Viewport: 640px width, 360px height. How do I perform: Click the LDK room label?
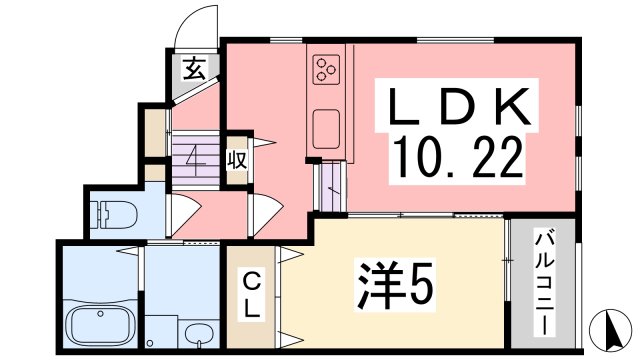459,106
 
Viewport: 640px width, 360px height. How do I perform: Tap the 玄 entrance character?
194,69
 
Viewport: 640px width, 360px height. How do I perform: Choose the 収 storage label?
236,160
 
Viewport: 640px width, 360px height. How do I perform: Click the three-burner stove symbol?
326,68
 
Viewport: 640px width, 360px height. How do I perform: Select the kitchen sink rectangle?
327,129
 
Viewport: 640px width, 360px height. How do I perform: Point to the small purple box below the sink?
330,187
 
